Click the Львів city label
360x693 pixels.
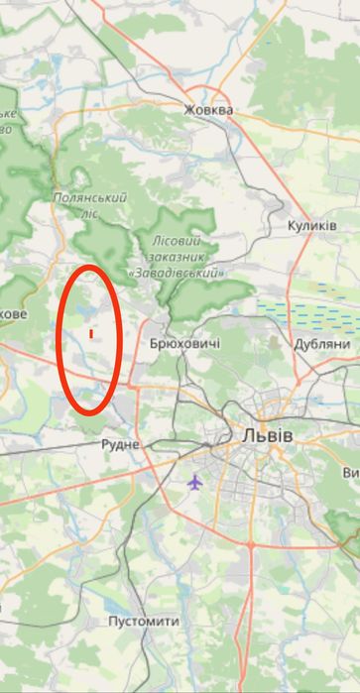point(267,436)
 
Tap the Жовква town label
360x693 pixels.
point(208,110)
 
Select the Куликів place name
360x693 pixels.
point(312,226)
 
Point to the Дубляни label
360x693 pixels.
point(322,344)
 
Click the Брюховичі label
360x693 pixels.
point(183,343)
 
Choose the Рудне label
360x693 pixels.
point(120,445)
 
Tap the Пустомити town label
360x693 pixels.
point(144,622)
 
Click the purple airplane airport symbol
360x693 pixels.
point(194,482)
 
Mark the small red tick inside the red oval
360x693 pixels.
point(91,334)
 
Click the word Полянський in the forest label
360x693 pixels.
point(89,197)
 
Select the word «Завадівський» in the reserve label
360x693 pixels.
point(177,272)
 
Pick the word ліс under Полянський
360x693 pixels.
point(90,211)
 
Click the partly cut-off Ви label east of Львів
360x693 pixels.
point(350,473)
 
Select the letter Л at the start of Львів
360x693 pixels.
point(245,436)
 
